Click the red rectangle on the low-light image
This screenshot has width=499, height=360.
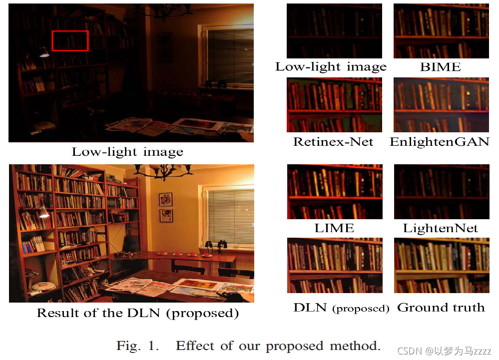tap(70, 40)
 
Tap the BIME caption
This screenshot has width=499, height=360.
tap(441, 67)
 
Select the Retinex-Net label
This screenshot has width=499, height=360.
tap(333, 142)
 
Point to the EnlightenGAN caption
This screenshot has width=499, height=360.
tap(440, 142)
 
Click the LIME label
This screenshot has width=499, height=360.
tap(334, 228)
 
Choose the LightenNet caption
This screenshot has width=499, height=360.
tap(441, 228)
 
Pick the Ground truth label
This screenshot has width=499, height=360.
tap(441, 308)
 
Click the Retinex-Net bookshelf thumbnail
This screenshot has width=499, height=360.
tap(334, 105)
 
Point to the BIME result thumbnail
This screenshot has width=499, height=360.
tap(441, 31)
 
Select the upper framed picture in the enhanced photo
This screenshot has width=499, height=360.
tap(166, 199)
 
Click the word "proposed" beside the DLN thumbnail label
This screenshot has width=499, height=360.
tap(361, 309)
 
